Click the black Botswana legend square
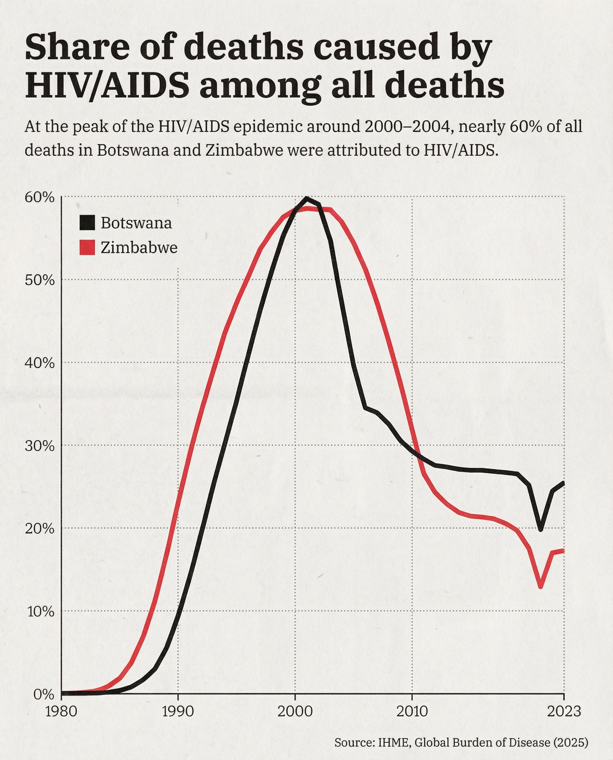pyautogui.click(x=87, y=223)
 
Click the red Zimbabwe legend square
pyautogui.click(x=87, y=248)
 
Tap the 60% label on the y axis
pyautogui.click(x=40, y=198)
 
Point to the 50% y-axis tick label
pyautogui.click(x=40, y=281)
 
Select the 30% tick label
pyautogui.click(x=40, y=446)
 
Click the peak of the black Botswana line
pyautogui.click(x=306, y=199)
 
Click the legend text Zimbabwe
pyautogui.click(x=139, y=248)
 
